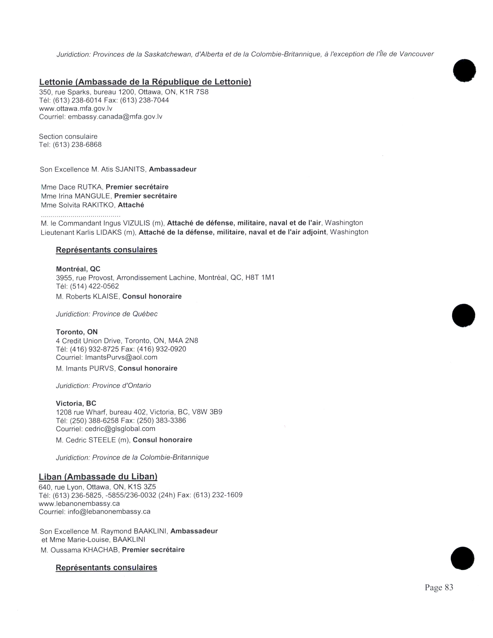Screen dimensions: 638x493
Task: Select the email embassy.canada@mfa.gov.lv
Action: point(115,117)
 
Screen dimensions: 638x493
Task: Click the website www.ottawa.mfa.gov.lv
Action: point(76,109)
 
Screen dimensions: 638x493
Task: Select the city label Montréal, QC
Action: point(78,269)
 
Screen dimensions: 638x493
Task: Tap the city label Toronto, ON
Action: point(77,332)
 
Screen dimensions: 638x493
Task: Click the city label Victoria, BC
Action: point(76,403)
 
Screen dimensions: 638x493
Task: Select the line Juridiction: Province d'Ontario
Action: point(103,386)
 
